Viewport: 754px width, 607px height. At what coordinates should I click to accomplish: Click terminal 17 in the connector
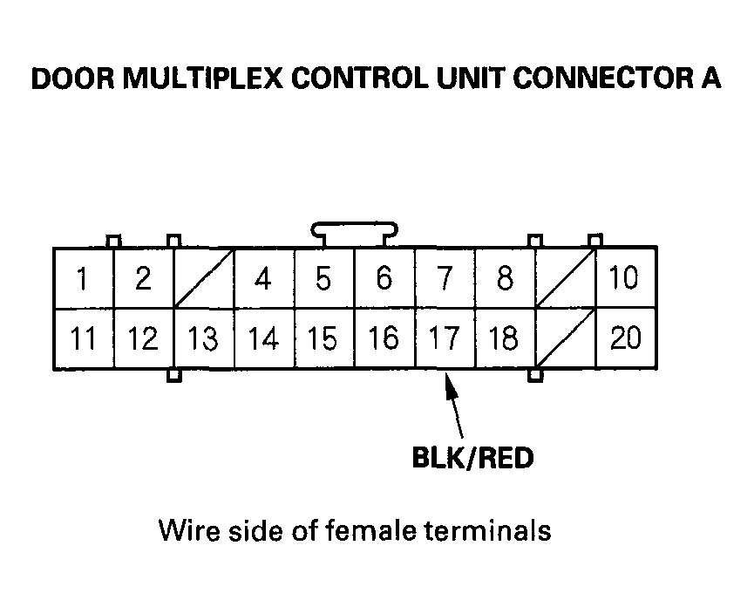pos(445,339)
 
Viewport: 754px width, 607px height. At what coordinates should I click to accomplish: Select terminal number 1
pos(84,279)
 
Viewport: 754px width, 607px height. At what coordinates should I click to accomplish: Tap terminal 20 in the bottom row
pos(626,339)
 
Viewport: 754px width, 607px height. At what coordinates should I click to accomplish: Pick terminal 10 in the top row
pos(626,279)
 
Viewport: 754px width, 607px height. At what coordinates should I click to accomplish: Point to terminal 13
pos(204,339)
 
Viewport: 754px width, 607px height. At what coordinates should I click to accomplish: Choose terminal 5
pos(324,279)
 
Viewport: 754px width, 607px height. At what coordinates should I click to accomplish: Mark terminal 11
pos(84,339)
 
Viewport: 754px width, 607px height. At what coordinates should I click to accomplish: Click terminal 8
pos(505,279)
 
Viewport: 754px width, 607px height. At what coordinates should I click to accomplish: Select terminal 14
pos(264,339)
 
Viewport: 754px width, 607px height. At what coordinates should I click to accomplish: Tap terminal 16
pos(384,339)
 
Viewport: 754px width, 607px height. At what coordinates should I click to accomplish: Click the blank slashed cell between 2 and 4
pos(204,279)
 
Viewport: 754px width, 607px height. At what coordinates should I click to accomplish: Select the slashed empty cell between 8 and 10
pos(565,279)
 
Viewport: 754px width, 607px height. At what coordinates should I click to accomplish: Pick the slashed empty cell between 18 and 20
pos(565,339)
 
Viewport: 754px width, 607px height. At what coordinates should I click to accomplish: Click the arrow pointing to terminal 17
pos(456,406)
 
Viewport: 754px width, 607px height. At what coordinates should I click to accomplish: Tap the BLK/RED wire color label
pos(472,458)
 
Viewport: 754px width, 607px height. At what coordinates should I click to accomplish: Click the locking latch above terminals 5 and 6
pos(355,234)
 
